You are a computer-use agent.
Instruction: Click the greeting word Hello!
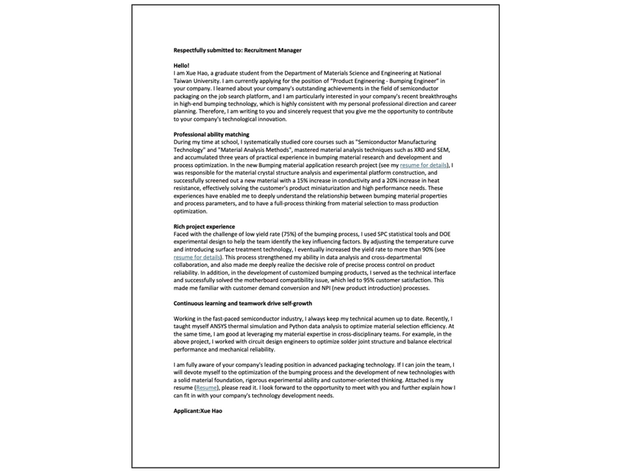[x=181, y=66]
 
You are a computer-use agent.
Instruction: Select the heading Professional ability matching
[x=211, y=134]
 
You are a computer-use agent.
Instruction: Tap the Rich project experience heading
[x=204, y=227]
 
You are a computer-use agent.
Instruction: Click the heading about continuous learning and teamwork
[x=242, y=303]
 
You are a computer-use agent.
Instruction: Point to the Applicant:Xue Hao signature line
[x=198, y=410]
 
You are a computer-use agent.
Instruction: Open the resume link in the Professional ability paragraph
[x=424, y=165]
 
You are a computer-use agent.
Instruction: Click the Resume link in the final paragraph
[x=206, y=388]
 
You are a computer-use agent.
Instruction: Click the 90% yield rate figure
[x=422, y=250]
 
